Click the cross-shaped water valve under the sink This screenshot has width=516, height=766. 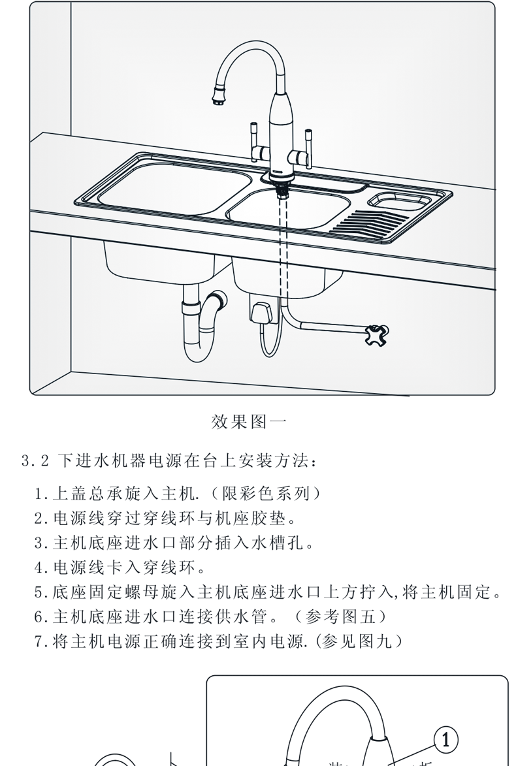[379, 334]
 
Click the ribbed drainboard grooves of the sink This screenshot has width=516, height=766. [366, 222]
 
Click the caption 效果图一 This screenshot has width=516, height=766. [249, 421]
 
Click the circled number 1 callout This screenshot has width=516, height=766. [446, 739]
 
